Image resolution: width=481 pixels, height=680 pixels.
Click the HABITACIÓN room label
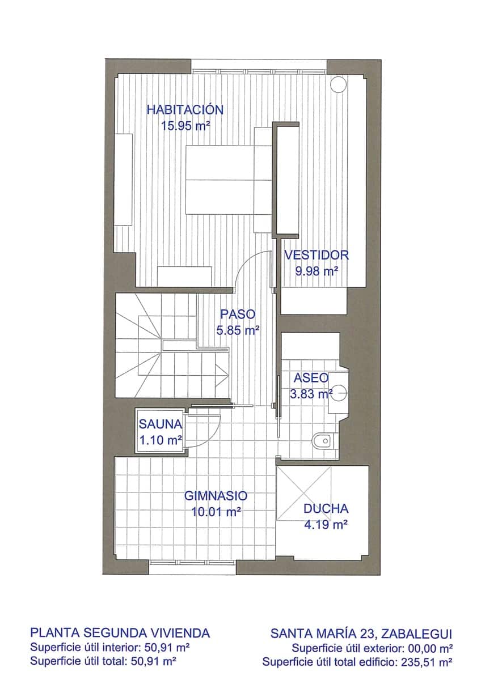(185, 109)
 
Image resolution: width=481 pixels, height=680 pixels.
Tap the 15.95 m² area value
(185, 126)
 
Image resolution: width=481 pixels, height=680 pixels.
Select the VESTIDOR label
(317, 255)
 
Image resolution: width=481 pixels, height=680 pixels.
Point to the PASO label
(238, 314)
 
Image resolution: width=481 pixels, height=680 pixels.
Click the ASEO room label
(311, 377)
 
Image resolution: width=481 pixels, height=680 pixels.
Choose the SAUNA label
(161, 423)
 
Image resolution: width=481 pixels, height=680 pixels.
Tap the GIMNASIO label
(216, 496)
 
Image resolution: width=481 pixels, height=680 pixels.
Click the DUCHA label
(326, 509)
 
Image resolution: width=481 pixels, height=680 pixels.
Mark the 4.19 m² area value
(326, 525)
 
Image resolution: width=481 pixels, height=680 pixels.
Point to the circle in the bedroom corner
(339, 84)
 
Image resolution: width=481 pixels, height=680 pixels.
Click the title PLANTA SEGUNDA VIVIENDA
(120, 632)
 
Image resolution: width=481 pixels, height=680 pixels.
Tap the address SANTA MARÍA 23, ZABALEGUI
(361, 632)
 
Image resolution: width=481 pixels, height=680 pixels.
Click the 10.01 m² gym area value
(216, 512)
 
